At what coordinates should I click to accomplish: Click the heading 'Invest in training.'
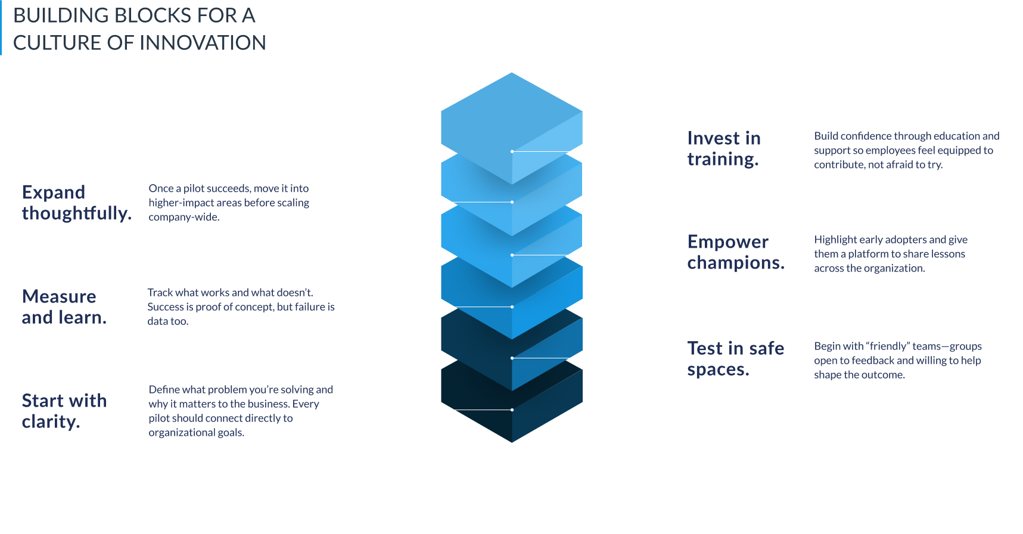(x=723, y=149)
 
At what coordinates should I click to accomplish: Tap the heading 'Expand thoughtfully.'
(x=76, y=202)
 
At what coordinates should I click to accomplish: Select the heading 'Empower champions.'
(x=735, y=252)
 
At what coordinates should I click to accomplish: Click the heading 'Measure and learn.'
(x=64, y=307)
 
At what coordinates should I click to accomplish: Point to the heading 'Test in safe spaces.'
(x=735, y=358)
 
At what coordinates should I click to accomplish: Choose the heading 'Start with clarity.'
(x=64, y=411)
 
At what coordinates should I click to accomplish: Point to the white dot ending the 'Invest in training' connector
(x=512, y=151)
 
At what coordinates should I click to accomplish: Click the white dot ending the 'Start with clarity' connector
(x=512, y=410)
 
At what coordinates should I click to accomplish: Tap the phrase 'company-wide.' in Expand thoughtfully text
(x=184, y=217)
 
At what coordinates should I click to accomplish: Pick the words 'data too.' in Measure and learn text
(x=168, y=321)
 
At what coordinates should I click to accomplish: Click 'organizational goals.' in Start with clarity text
(x=196, y=432)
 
